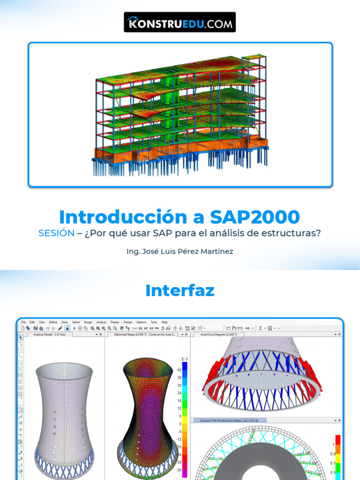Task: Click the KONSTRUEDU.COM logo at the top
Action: pyautogui.click(x=180, y=22)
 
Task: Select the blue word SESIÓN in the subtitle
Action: pyautogui.click(x=56, y=233)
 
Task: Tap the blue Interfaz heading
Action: pyautogui.click(x=180, y=290)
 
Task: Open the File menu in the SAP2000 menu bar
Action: pyautogui.click(x=23, y=322)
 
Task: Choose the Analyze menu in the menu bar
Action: pyautogui.click(x=101, y=322)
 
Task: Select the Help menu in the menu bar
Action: pyautogui.click(x=164, y=322)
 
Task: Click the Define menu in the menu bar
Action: pyautogui.click(x=53, y=322)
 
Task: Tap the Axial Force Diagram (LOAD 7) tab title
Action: pyautogui.click(x=219, y=335)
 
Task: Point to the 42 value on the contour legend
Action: pyautogui.click(x=180, y=370)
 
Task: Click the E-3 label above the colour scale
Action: pyautogui.click(x=184, y=359)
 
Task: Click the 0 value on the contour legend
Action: pyautogui.click(x=180, y=423)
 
